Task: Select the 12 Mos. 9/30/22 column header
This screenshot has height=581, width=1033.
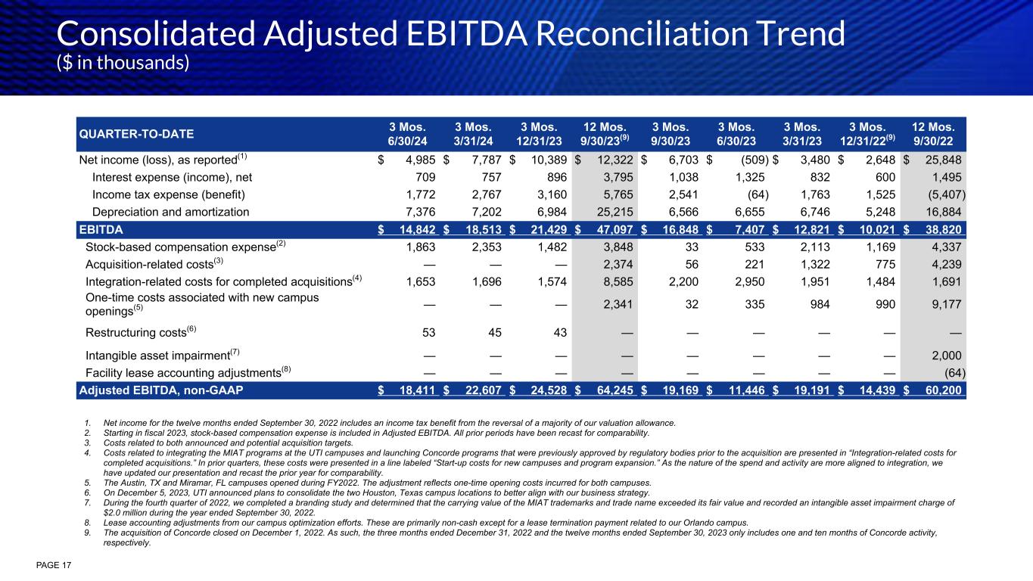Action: click(x=937, y=134)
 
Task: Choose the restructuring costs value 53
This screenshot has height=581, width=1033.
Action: click(x=427, y=333)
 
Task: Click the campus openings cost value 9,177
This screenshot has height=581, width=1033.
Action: click(x=946, y=306)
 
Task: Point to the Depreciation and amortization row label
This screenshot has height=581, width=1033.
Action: click(x=170, y=212)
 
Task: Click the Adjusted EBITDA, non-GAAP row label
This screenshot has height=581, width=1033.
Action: click(x=161, y=390)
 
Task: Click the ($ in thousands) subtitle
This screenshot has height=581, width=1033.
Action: click(x=123, y=63)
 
